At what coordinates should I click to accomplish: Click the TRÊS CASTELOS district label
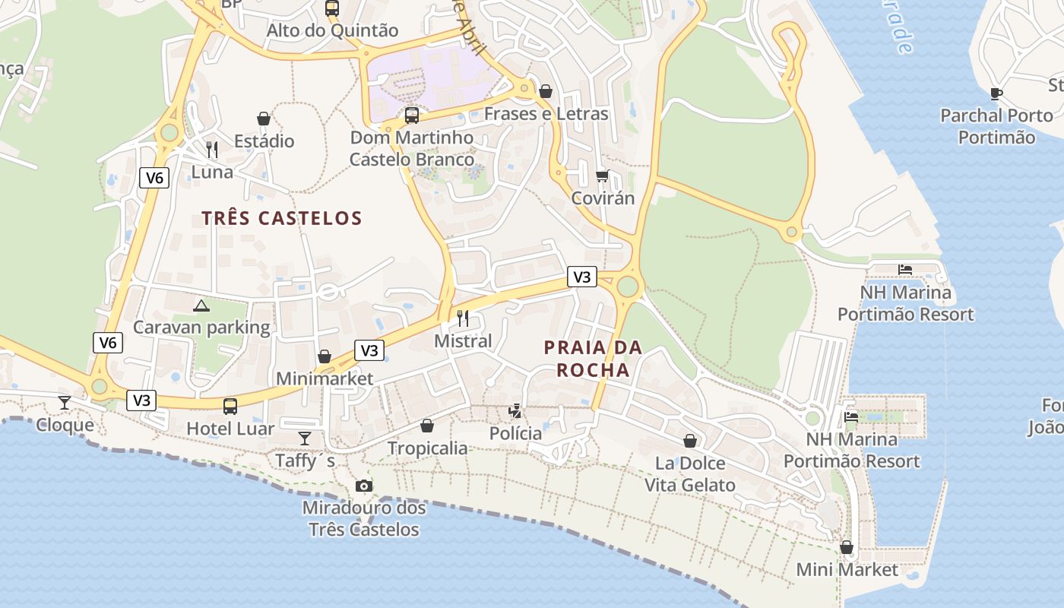(282, 219)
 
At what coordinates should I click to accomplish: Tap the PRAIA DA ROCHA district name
(593, 359)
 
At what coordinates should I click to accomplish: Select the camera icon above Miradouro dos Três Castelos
(364, 486)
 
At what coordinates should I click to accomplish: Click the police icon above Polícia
(515, 411)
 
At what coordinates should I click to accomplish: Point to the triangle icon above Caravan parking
(201, 306)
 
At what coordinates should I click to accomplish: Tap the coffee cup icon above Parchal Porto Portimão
(996, 94)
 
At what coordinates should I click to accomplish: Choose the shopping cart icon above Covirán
(602, 176)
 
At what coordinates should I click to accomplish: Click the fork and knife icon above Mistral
(463, 318)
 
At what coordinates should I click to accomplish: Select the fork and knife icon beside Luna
(212, 150)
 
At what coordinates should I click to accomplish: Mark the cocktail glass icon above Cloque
(65, 403)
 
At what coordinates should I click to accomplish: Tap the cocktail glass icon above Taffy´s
(305, 439)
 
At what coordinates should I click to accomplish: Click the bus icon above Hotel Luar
(230, 407)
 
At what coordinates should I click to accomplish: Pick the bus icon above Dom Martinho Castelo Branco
(412, 116)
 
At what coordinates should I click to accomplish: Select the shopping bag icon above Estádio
(264, 119)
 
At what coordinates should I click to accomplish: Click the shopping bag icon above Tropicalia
(427, 426)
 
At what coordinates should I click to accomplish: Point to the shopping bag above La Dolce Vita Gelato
(690, 441)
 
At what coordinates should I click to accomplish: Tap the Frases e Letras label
(546, 114)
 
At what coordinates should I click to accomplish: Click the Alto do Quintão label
(332, 31)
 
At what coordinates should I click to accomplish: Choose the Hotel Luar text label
(230, 429)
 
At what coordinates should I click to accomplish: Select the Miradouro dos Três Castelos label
(364, 518)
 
